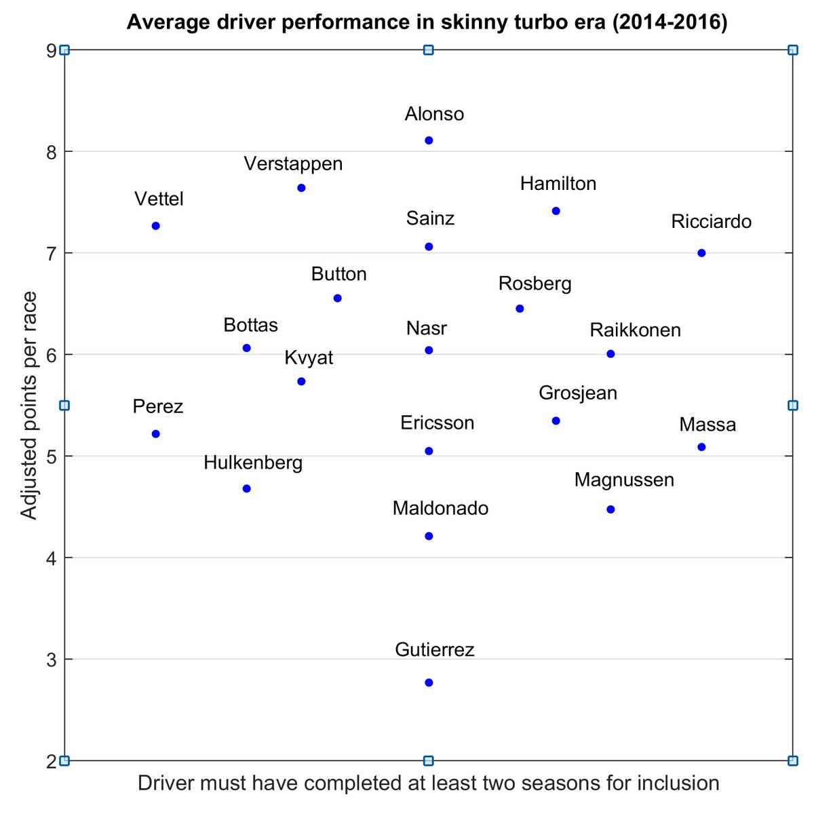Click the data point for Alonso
[429, 140]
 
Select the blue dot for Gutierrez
[429, 682]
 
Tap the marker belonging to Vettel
[155, 226]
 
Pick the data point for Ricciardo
[701, 253]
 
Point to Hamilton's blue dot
[556, 211]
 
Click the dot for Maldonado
[429, 536]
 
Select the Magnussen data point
[610, 509]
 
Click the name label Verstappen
[293, 163]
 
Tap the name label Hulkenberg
[253, 463]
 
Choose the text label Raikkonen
[635, 330]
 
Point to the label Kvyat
[309, 357]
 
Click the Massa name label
[708, 425]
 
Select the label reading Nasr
[427, 328]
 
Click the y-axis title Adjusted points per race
[28, 406]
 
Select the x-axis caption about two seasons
[428, 783]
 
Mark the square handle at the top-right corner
[792, 50]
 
